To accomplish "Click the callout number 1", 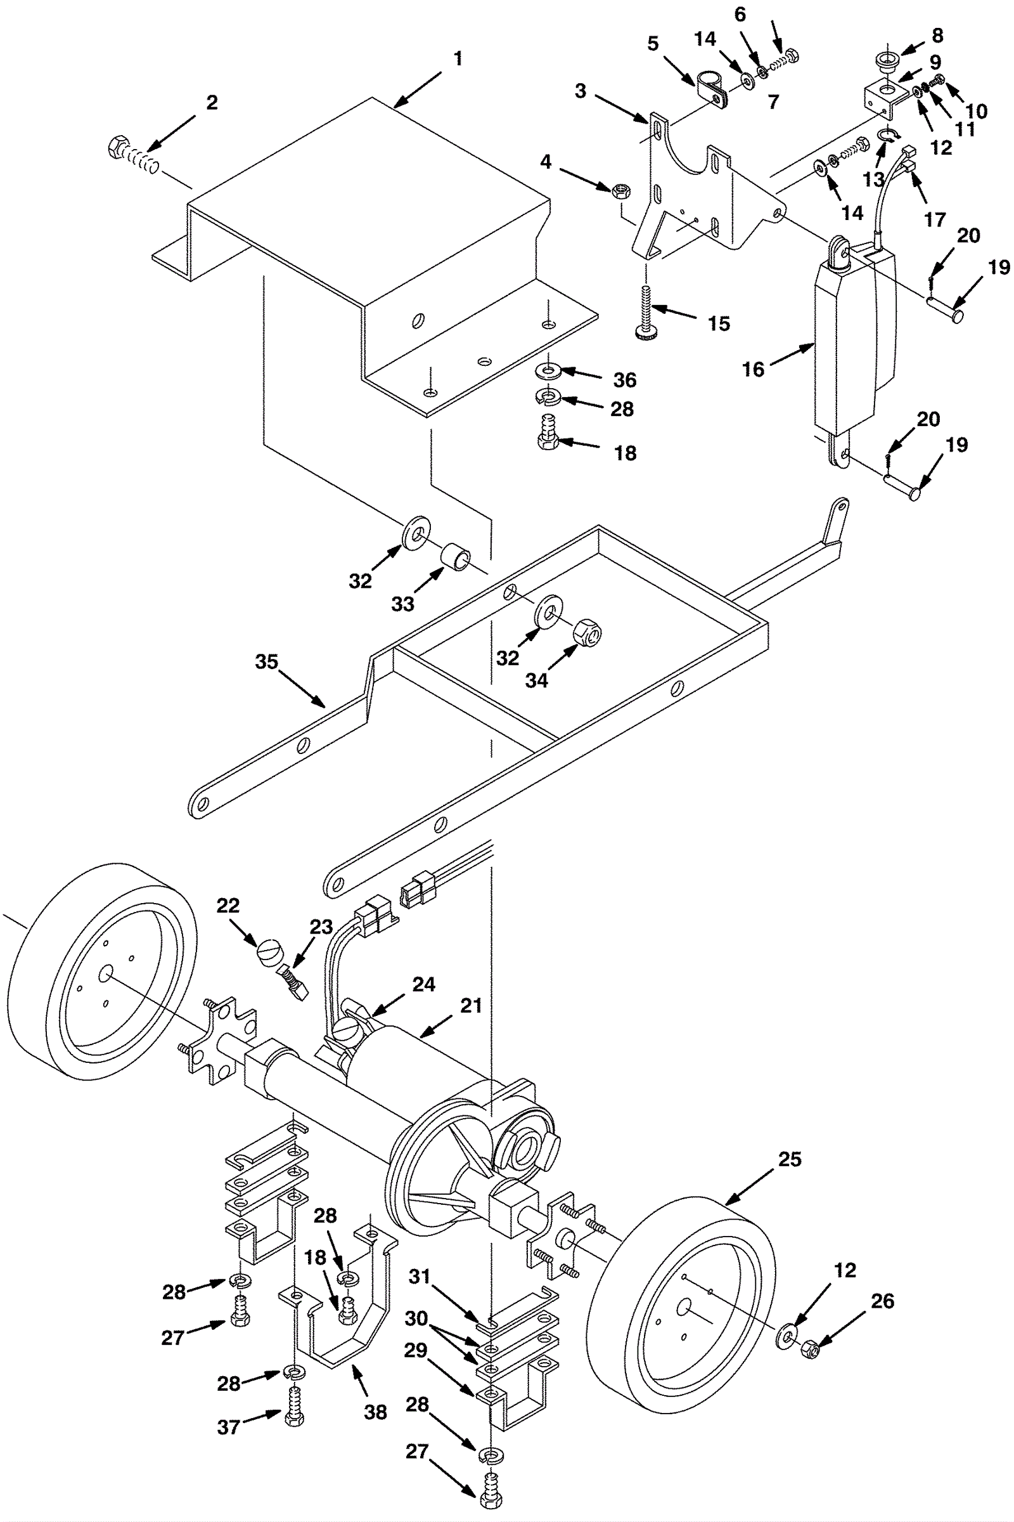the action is pyautogui.click(x=458, y=59).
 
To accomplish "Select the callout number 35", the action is pyautogui.click(x=266, y=661).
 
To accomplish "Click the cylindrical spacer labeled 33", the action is pyautogui.click(x=456, y=557).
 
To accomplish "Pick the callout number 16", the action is pyautogui.click(x=753, y=369).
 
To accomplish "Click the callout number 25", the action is pyautogui.click(x=790, y=1159).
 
